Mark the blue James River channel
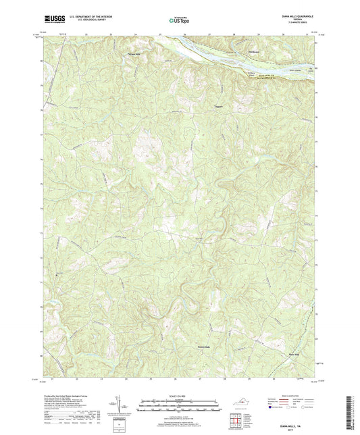203,48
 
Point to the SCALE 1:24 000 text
179,396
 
